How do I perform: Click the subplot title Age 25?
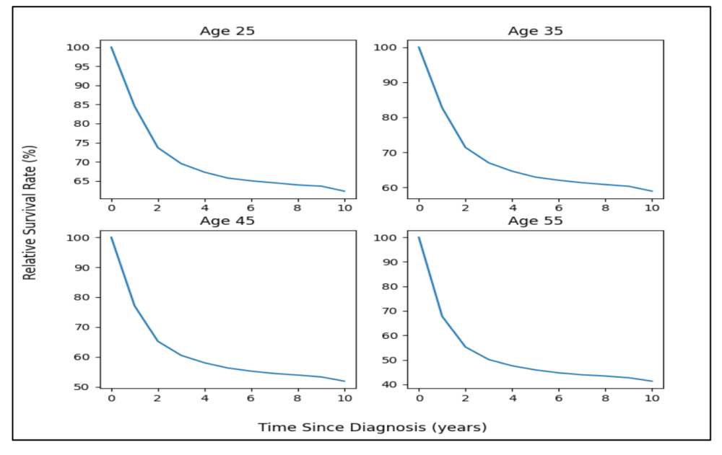pyautogui.click(x=227, y=31)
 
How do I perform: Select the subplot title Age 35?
pyautogui.click(x=535, y=31)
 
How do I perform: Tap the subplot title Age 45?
pyautogui.click(x=227, y=221)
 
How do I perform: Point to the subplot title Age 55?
pyautogui.click(x=535, y=221)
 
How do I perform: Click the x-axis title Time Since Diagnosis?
pyautogui.click(x=373, y=427)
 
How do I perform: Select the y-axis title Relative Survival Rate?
pyautogui.click(x=30, y=213)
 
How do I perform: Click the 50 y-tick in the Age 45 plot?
pyautogui.click(x=84, y=387)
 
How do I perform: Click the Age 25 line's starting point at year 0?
pyautogui.click(x=111, y=47)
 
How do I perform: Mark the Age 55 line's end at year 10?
pyautogui.click(x=653, y=381)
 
